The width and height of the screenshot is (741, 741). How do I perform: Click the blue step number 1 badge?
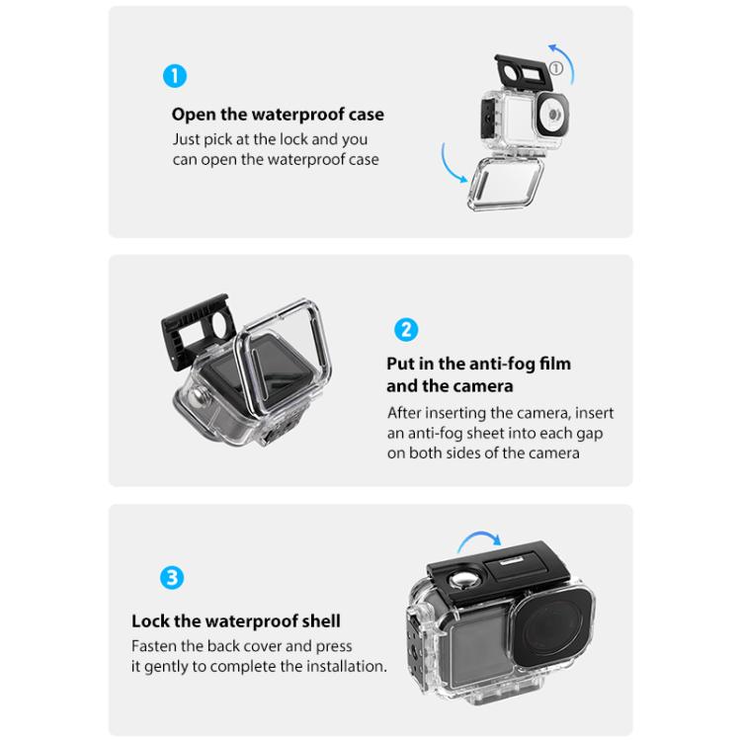[x=175, y=76]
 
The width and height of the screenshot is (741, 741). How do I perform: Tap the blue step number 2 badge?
[x=406, y=329]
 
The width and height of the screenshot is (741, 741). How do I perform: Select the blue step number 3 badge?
[x=172, y=578]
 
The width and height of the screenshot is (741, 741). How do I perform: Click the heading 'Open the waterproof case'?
[x=278, y=115]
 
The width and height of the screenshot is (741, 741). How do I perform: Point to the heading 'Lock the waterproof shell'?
[x=236, y=621]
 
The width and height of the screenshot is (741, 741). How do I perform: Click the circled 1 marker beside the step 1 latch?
[x=556, y=68]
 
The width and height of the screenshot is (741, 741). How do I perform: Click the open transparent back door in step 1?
[x=505, y=184]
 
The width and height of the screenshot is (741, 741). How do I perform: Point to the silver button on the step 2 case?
[x=197, y=395]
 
